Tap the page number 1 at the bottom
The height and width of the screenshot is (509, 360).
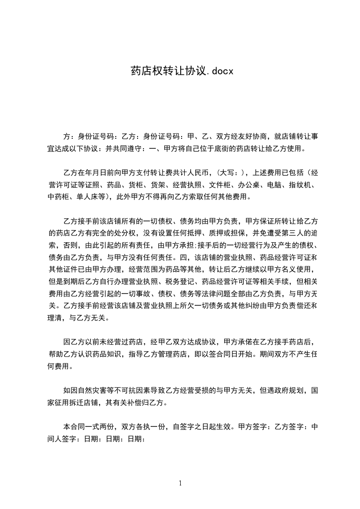coord(180,483)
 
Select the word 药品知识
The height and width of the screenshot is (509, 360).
coord(120,354)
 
